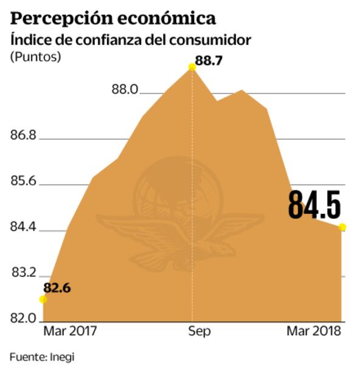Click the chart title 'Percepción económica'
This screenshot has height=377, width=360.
113,17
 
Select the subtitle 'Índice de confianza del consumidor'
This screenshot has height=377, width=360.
131,40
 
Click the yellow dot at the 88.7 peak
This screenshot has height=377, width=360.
192,67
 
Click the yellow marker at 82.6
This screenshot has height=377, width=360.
43,299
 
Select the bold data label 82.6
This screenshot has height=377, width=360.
57,288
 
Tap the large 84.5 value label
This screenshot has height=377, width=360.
314,205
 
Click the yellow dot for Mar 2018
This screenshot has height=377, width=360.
342,227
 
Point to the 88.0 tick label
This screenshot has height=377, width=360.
125,90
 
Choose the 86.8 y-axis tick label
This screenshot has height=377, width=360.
24,136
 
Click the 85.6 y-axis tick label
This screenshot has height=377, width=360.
24,182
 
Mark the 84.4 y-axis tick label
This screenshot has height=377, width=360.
24,228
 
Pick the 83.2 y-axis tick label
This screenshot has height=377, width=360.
24,274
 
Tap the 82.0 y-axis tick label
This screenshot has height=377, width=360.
24,318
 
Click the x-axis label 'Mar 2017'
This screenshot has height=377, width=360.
70,331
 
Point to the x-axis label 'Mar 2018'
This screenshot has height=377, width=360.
313,331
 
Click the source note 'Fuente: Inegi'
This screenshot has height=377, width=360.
41,357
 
